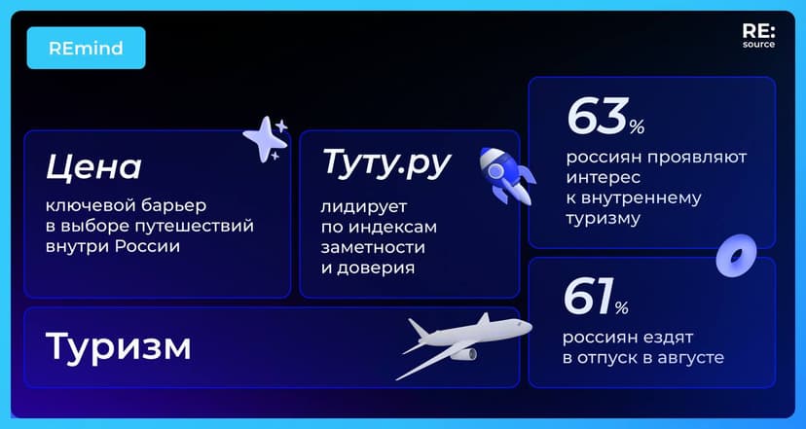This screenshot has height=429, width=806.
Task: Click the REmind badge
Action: [x=86, y=48]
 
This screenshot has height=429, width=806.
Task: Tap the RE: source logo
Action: [x=758, y=37]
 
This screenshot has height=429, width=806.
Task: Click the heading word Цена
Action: [x=93, y=166]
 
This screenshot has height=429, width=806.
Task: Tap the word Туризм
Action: [x=118, y=345]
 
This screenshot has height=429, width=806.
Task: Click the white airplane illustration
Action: [x=462, y=341]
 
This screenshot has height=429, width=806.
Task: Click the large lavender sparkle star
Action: [x=262, y=139]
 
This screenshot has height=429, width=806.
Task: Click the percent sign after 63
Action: [x=637, y=126]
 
